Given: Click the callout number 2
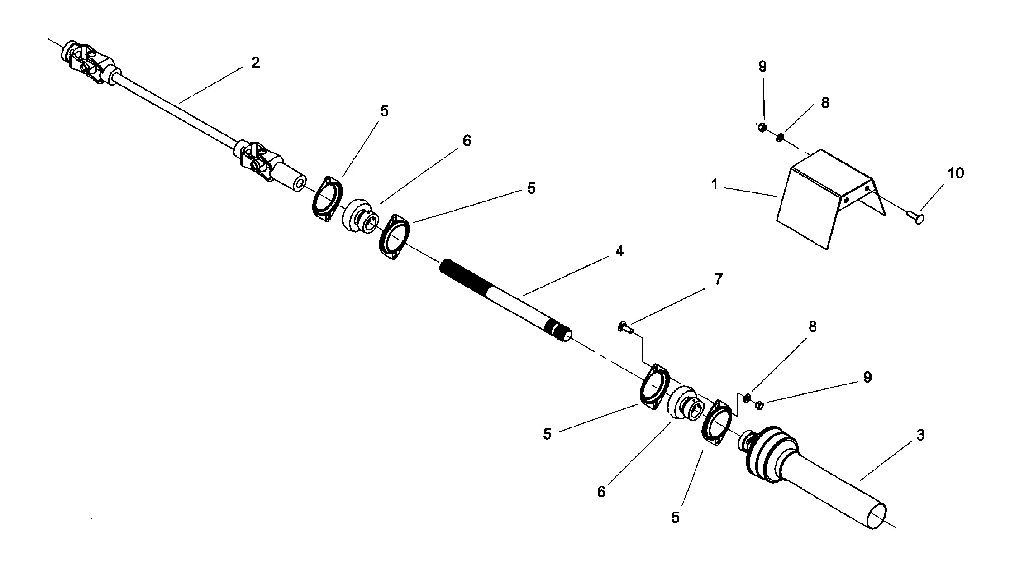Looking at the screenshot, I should pos(256,63).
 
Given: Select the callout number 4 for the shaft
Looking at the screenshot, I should pos(619,251).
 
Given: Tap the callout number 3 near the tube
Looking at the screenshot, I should pos(920,436).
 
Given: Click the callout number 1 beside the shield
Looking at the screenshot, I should pos(715,185).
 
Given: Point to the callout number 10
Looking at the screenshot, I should pos(956,173).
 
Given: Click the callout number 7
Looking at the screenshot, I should pos(718,280).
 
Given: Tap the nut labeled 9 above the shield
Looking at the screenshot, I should pos(762,128).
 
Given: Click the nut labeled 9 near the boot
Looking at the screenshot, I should pos(760,405).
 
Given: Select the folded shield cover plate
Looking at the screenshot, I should pos(815,199).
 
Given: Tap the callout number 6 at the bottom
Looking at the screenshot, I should pos(601,492).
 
